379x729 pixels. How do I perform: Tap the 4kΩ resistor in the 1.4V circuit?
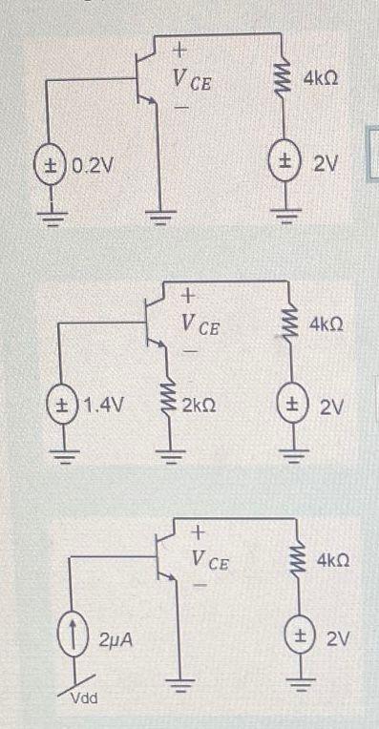[x=287, y=326]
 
